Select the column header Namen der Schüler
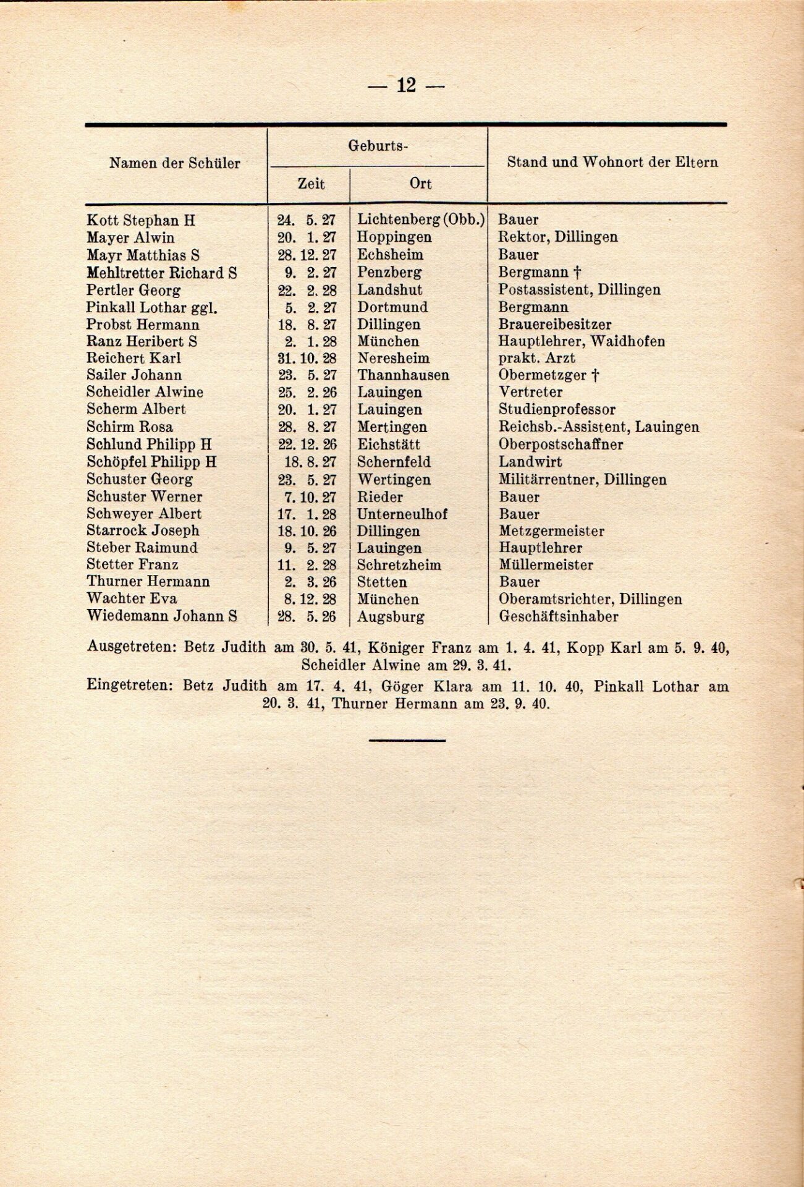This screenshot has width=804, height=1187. [174, 163]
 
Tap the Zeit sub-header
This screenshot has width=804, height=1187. [311, 184]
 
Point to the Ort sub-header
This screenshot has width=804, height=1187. [420, 184]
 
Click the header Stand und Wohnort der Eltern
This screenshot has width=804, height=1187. [612, 163]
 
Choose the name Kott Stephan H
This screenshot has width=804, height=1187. [140, 220]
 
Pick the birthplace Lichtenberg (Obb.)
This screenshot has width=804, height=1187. [421, 219]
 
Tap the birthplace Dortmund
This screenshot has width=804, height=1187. [392, 307]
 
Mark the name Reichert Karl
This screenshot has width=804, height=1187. [133, 358]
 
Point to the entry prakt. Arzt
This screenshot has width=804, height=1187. [536, 358]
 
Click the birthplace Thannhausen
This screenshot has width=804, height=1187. [403, 375]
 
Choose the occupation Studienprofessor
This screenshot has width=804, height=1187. [557, 409]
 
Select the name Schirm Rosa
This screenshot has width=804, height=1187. [130, 427]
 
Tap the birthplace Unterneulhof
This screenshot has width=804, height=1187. [402, 514]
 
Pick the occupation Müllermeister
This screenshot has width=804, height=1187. [546, 564]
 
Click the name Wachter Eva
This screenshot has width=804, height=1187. [132, 598]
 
